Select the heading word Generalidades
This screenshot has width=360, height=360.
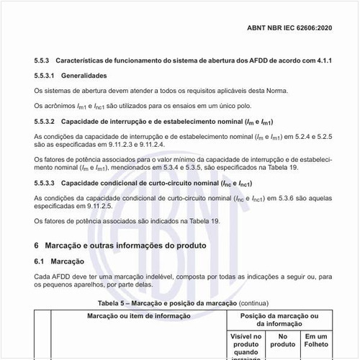tap(84, 76)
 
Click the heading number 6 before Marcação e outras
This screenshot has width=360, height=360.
tap(37, 246)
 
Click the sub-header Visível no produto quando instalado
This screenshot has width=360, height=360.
tap(246, 345)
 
